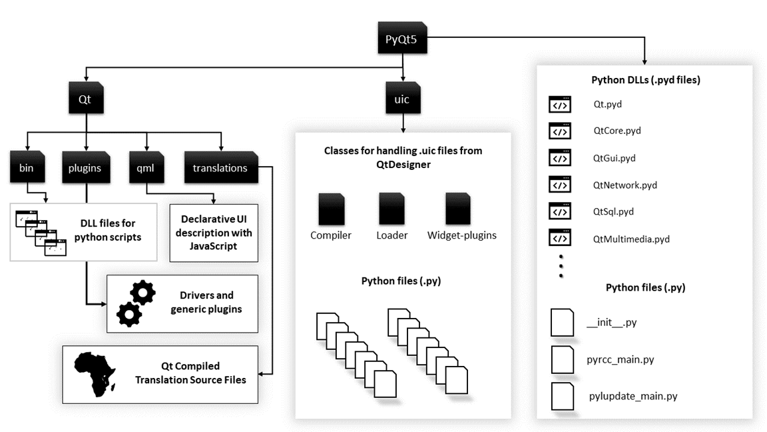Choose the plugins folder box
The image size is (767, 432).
click(85, 168)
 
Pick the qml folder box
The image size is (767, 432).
click(146, 168)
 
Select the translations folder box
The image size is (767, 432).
click(220, 168)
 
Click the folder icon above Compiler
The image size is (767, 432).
click(331, 209)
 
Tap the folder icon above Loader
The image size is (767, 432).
click(391, 209)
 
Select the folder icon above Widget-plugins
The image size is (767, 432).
click(459, 209)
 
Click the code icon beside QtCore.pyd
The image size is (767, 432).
click(559, 131)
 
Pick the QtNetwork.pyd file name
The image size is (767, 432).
click(625, 185)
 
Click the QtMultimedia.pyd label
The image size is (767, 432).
click(631, 239)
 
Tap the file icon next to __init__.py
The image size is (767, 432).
click(562, 323)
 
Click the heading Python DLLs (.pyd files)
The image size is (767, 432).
click(645, 80)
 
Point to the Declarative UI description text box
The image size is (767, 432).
click(213, 233)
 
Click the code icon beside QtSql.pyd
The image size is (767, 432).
click(559, 211)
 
